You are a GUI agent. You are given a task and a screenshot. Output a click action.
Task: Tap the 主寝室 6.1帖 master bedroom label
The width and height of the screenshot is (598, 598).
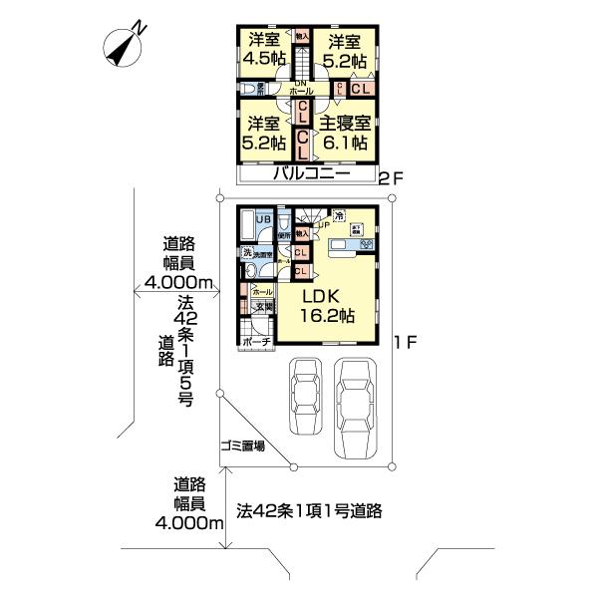[x=344, y=134]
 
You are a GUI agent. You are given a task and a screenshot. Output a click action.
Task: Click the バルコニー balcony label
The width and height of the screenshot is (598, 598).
[x=312, y=173]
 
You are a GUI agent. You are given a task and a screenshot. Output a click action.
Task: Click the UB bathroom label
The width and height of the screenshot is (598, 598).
[x=263, y=219]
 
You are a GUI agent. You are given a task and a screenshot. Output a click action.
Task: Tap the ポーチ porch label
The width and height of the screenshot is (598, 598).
[x=257, y=341]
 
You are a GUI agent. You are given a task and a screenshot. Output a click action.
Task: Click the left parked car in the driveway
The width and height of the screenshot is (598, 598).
[x=305, y=396]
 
